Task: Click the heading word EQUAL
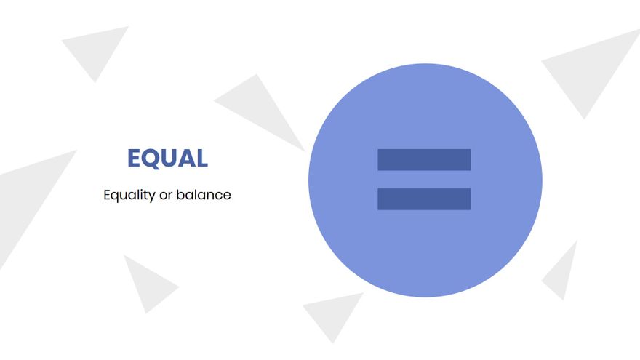(x=167, y=158)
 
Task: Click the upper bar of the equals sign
(x=424, y=159)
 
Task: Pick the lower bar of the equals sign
(x=424, y=199)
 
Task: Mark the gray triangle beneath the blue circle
(x=333, y=313)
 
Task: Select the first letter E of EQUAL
(x=134, y=158)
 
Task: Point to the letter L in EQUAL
(x=202, y=158)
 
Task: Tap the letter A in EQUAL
(x=186, y=158)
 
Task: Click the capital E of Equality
(x=108, y=195)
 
